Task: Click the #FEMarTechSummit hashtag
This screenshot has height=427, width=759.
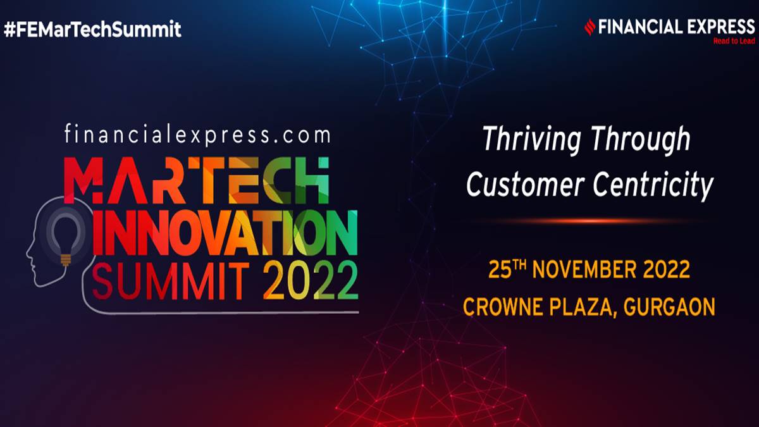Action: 92,29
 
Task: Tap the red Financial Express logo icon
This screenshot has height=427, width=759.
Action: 590,27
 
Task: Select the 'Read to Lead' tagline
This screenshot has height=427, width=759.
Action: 734,41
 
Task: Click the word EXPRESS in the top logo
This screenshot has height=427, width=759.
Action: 721,27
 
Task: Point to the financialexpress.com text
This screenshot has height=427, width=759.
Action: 197,134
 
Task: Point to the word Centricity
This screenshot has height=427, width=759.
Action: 653,186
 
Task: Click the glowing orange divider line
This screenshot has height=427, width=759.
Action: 586,221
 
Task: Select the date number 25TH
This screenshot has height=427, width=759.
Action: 507,269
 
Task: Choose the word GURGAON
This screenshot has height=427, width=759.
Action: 669,307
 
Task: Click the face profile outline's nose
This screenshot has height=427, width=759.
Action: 27,254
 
